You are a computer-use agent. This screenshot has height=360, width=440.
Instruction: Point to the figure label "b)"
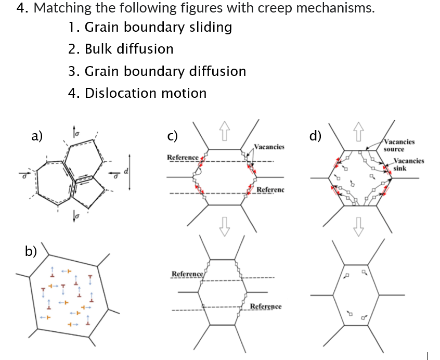click(31, 251)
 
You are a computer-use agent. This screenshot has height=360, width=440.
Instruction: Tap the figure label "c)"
click(173, 136)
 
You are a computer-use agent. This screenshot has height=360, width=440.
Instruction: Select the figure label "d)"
click(315, 136)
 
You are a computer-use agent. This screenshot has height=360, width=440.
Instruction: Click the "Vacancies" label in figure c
click(269, 147)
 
